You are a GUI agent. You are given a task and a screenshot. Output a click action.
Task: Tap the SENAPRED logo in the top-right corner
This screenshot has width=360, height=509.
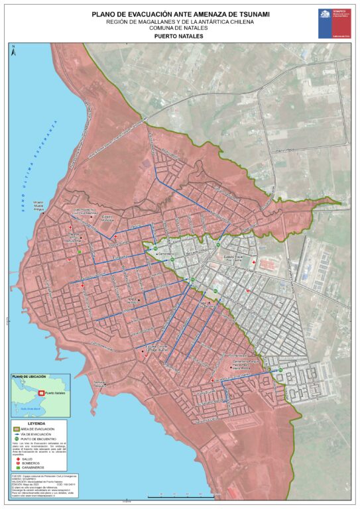point(333,23)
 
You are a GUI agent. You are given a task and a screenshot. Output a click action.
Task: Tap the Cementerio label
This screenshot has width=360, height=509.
point(166,254)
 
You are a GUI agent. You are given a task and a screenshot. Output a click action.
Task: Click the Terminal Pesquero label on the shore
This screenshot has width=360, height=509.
point(99,383)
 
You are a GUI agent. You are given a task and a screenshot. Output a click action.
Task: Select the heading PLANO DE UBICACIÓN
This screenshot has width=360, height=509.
point(27,376)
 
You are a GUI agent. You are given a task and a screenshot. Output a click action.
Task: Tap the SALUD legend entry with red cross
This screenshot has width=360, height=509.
point(27,458)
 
